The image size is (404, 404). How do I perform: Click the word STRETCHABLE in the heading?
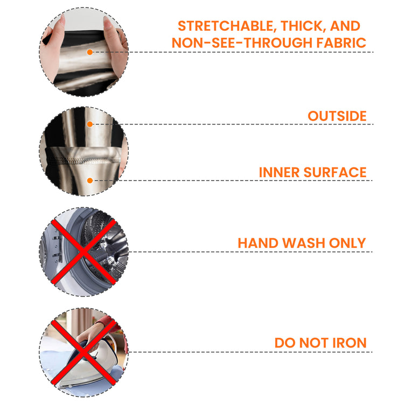tap(226, 26)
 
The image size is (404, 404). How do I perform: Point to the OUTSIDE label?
tap(337, 116)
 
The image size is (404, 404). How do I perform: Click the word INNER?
tap(279, 172)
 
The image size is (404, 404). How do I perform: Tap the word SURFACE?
tap(335, 172)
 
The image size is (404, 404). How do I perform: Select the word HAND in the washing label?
tap(258, 243)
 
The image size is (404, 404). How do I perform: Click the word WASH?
tap(303, 243)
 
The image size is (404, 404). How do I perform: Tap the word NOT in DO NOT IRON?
tap(314, 343)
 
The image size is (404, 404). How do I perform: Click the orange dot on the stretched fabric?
tap(89, 52)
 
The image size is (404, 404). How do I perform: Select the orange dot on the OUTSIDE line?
tap(89, 124)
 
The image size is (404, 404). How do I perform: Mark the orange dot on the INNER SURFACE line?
tap(89, 180)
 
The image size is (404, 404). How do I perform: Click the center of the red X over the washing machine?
tap(83, 252)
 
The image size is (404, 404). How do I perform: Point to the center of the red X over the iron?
tap(83, 352)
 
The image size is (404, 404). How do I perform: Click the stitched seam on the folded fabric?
tap(82, 161)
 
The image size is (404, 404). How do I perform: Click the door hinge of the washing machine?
tap(57, 247)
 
